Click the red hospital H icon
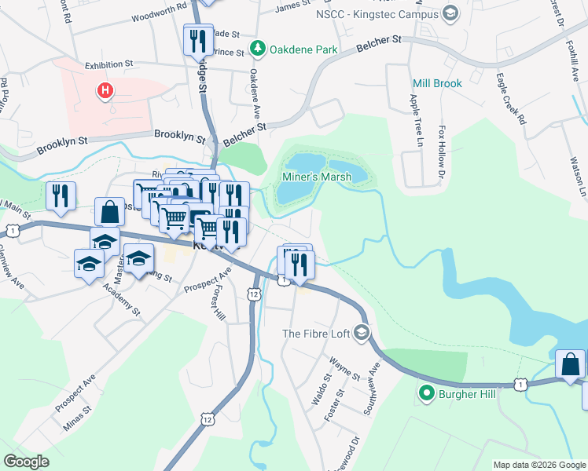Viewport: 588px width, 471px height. [104, 91]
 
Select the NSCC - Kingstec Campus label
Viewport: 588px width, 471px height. [377, 14]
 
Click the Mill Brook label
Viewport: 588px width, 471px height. [437, 83]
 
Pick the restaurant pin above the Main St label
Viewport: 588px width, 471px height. [61, 196]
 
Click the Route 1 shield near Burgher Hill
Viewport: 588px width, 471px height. [520, 383]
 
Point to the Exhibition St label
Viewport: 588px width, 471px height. [110, 65]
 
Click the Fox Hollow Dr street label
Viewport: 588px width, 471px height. [443, 146]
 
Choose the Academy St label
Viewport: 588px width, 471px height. [121, 299]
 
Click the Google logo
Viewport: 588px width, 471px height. [26, 462]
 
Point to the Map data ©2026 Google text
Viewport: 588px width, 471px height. [538, 465]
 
